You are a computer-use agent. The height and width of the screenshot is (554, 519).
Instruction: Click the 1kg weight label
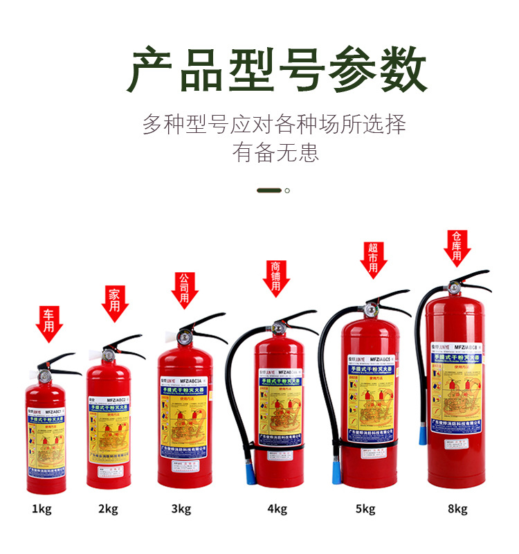pyautogui.click(x=42, y=510)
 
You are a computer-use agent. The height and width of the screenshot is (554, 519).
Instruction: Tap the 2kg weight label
pyautogui.click(x=108, y=510)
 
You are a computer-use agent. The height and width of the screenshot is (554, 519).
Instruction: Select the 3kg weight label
pyautogui.click(x=181, y=510)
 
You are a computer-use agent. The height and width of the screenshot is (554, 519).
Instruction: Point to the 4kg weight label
pyautogui.click(x=277, y=510)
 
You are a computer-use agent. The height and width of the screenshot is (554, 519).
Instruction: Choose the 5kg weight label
pyautogui.click(x=365, y=510)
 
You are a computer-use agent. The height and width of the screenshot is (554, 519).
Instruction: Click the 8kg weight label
pyautogui.click(x=457, y=510)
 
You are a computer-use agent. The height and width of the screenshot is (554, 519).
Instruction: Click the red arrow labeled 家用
pyautogui.click(x=115, y=303)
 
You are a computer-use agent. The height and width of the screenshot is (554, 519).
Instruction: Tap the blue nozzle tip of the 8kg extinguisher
pyautogui.click(x=421, y=435)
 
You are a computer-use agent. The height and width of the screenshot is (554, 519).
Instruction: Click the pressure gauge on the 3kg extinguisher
pyautogui.click(x=184, y=339)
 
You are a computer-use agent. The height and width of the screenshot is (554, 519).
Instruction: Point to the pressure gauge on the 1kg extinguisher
pyautogui.click(x=45, y=376)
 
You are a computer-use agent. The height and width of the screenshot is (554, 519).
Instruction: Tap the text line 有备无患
pyautogui.click(x=276, y=152)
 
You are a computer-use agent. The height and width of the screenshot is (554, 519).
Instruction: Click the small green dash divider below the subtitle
pyautogui.click(x=269, y=190)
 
